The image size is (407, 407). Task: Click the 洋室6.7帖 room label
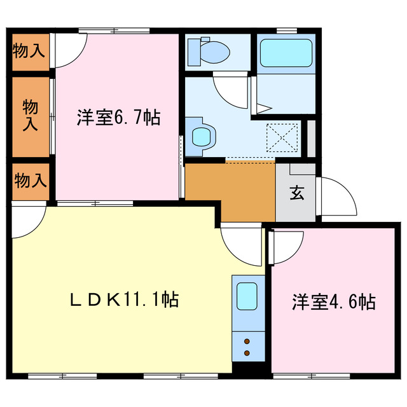pyautogui.click(x=118, y=117)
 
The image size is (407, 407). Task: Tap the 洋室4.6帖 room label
pyautogui.click(x=333, y=301)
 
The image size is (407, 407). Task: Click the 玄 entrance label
pyautogui.click(x=296, y=193)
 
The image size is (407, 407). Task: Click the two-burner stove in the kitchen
pyautogui.click(x=247, y=347)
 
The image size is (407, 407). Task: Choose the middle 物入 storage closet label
pyautogui.click(x=29, y=114)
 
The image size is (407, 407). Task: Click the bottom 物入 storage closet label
pyautogui.click(x=29, y=181)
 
